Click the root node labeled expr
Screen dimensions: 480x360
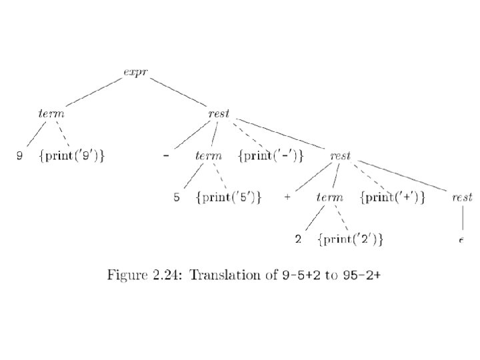(135, 71)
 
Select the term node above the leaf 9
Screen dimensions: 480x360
(51, 113)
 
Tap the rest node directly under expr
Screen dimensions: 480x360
(219, 113)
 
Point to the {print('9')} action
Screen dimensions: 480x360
(73, 156)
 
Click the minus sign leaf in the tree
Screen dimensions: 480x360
(165, 156)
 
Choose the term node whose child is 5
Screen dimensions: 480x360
(209, 156)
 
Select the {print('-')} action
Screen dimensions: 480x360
(271, 156)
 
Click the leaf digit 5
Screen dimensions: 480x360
(177, 198)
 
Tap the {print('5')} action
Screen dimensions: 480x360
(228, 198)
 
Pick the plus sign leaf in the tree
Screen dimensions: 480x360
(287, 198)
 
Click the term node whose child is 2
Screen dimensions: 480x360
(330, 198)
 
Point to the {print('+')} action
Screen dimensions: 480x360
(393, 198)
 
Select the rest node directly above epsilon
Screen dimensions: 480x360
(462, 198)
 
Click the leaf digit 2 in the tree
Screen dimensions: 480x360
(299, 239)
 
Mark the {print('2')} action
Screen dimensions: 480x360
(351, 239)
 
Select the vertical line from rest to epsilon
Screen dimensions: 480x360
(462, 218)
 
